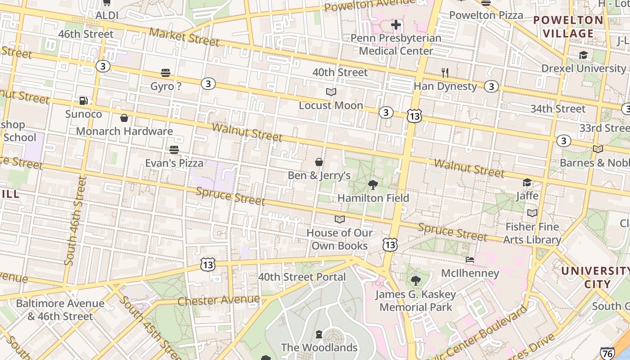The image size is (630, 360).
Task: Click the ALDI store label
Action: [x=107, y=16]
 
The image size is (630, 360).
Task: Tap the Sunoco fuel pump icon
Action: [x=83, y=101]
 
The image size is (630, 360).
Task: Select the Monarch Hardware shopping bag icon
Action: [x=124, y=118]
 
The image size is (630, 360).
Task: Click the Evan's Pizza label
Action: [x=174, y=163]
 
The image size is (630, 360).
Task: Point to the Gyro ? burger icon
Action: [x=166, y=73]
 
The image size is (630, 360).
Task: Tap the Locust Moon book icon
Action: [x=331, y=92]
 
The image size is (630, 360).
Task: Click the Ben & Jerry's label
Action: [x=319, y=175]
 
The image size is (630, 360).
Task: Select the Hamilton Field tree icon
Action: [x=373, y=184]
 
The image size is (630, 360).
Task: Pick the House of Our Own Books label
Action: [x=340, y=239]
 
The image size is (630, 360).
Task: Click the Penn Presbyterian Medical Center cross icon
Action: [x=396, y=25]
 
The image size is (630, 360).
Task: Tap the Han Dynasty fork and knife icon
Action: [x=445, y=73]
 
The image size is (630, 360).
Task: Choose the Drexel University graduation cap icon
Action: [x=583, y=55]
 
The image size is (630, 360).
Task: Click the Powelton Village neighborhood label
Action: [x=568, y=27]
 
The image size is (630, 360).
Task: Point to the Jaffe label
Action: [x=527, y=196]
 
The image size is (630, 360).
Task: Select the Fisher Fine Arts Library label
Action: [x=532, y=233]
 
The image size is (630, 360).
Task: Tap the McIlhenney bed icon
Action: [x=470, y=260]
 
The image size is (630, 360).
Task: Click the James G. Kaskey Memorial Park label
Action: [x=416, y=301]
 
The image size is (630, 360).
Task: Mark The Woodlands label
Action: [x=319, y=347]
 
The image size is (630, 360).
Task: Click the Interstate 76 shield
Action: [x=607, y=354]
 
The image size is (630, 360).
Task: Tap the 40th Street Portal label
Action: [x=302, y=277]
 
